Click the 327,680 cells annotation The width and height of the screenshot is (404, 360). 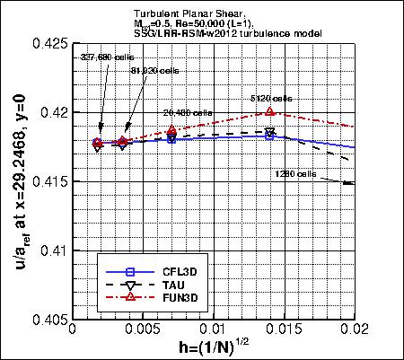96,56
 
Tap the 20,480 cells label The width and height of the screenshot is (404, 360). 185,113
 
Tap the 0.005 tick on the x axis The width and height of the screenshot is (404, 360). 143,331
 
